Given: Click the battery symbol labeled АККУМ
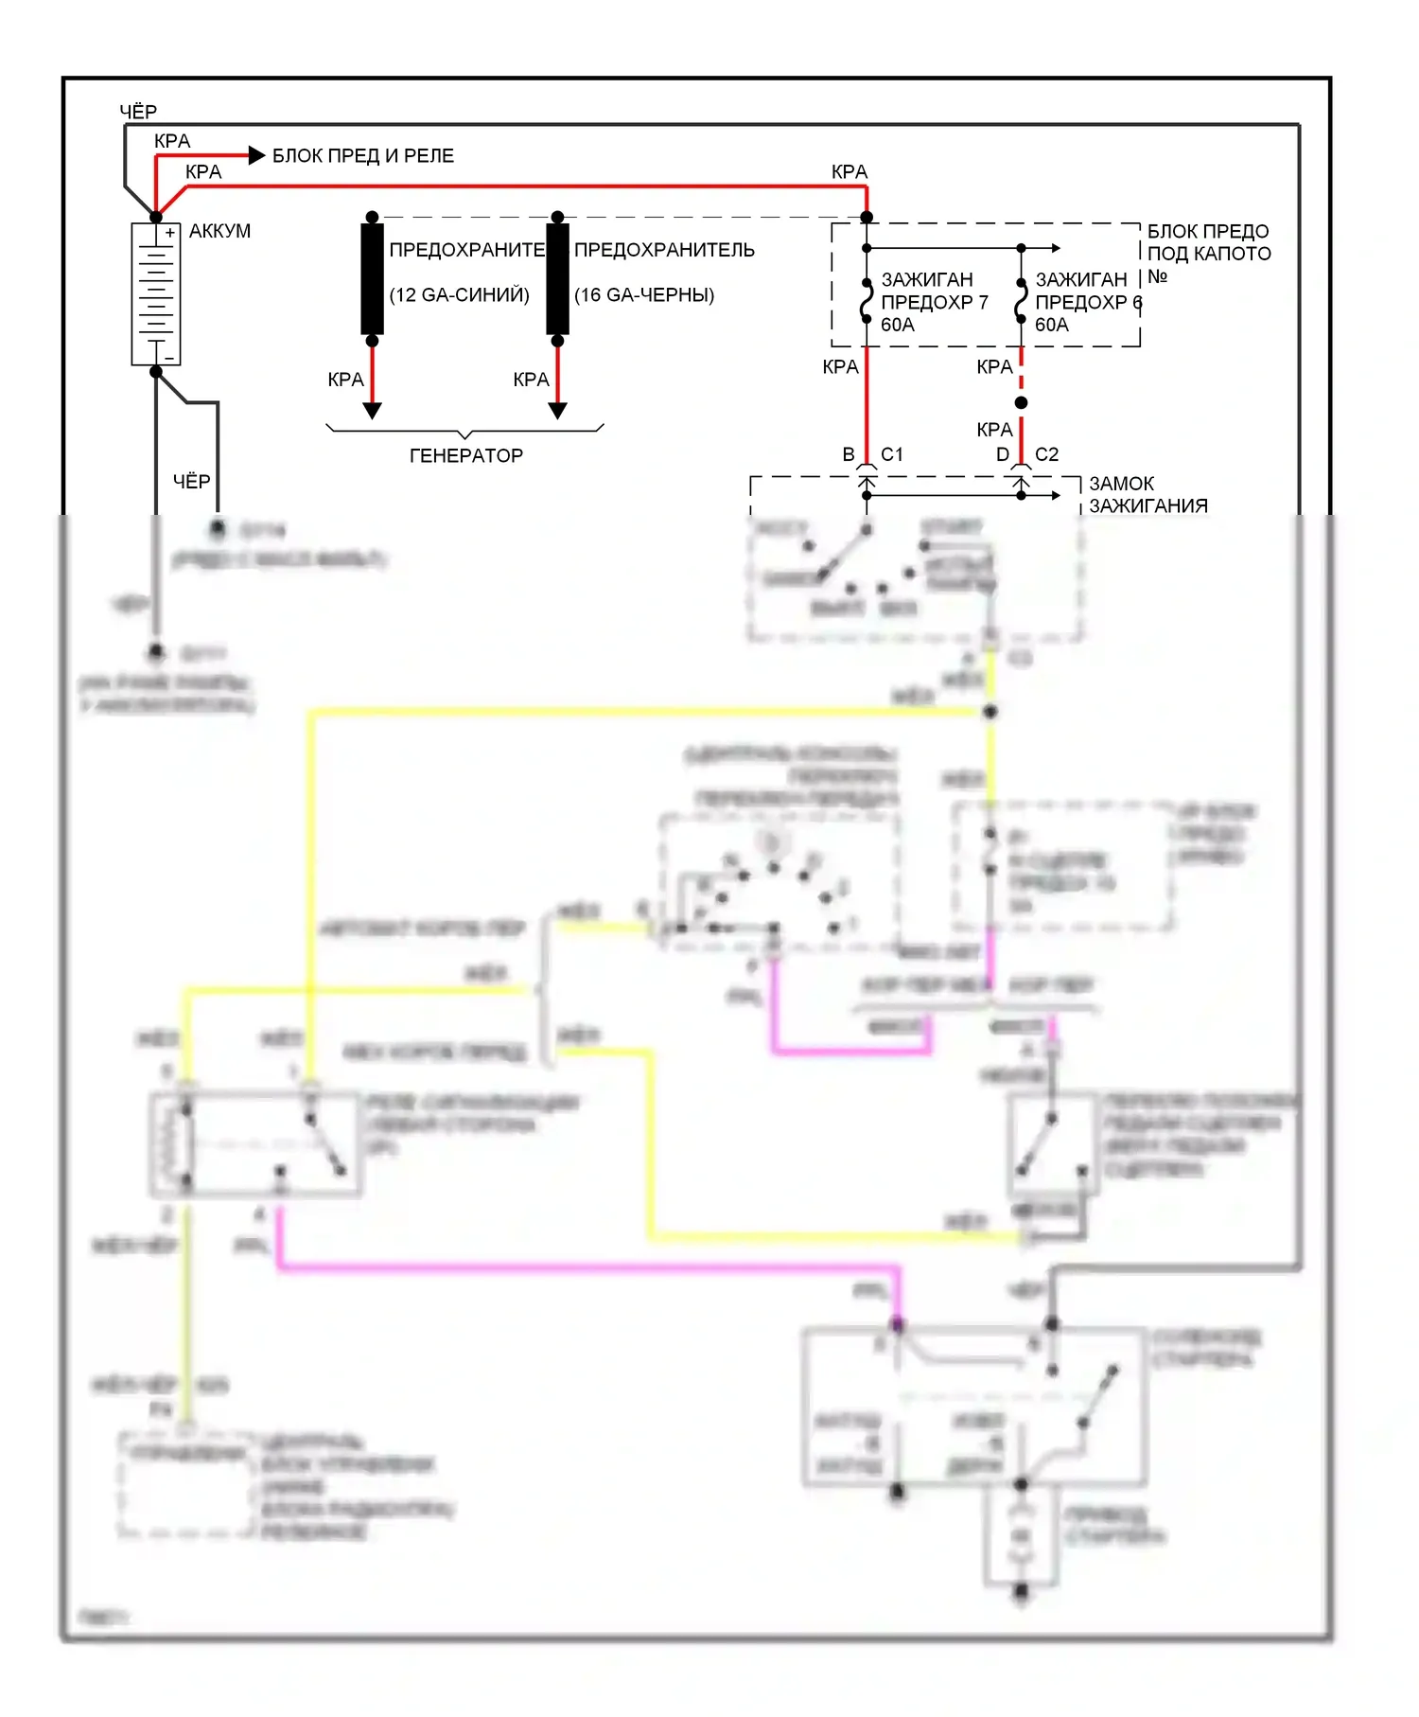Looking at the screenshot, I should [156, 294].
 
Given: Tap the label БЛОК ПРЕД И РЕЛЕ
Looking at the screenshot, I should [363, 156].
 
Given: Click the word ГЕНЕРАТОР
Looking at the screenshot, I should [465, 456].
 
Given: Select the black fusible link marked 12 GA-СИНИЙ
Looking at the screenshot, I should [372, 278].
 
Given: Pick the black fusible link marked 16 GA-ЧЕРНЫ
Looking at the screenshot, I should [557, 278].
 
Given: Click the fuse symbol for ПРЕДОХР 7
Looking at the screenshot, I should [867, 301].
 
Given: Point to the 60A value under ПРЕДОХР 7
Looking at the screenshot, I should [898, 325].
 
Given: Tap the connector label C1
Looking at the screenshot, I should [892, 454].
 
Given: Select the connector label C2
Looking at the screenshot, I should [1047, 454].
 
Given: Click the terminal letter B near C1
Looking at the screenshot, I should [849, 454].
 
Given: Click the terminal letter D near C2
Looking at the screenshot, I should [1003, 454].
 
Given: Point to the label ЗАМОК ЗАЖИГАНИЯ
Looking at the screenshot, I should [1147, 495].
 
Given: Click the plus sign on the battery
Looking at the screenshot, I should [169, 233].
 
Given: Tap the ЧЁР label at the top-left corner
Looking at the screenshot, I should [138, 112].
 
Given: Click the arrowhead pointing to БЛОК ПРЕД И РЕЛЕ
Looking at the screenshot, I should [256, 155].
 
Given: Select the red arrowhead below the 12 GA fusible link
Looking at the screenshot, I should [372, 410].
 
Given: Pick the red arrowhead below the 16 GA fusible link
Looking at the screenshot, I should [557, 410].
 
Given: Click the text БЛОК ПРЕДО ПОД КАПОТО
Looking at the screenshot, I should [1208, 243].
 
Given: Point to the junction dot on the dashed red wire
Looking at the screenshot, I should [1021, 403].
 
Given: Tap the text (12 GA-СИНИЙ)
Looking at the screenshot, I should [459, 295].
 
